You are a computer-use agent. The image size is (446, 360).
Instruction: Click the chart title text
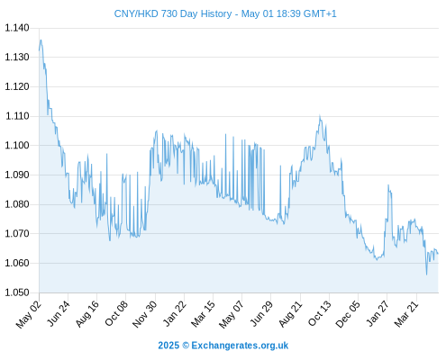point(225,13)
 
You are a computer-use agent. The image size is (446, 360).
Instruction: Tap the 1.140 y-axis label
point(17,28)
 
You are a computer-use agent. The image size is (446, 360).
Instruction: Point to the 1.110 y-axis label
point(17,116)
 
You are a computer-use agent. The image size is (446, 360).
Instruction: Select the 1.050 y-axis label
point(17,292)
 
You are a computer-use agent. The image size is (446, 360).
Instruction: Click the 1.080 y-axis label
point(17,204)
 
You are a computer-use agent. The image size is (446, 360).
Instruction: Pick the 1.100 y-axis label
point(17,146)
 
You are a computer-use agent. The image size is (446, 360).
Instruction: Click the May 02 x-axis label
point(29,314)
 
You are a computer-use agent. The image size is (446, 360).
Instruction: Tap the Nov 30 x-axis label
point(145,314)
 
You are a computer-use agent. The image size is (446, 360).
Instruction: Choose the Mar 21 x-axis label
point(406,314)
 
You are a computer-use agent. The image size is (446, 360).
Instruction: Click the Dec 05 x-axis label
point(348,314)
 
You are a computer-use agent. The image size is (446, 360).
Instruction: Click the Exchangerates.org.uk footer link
point(240,346)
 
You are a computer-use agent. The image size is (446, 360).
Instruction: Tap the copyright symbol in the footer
point(186,346)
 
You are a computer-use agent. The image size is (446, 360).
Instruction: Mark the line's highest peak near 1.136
point(41,40)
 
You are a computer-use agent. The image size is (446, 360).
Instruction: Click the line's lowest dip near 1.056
point(426,274)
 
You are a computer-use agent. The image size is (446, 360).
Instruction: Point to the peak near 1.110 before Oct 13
point(320,116)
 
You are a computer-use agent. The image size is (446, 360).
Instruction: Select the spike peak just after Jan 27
point(388,185)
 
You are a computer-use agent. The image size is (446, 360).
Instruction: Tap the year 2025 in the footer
point(168,346)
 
